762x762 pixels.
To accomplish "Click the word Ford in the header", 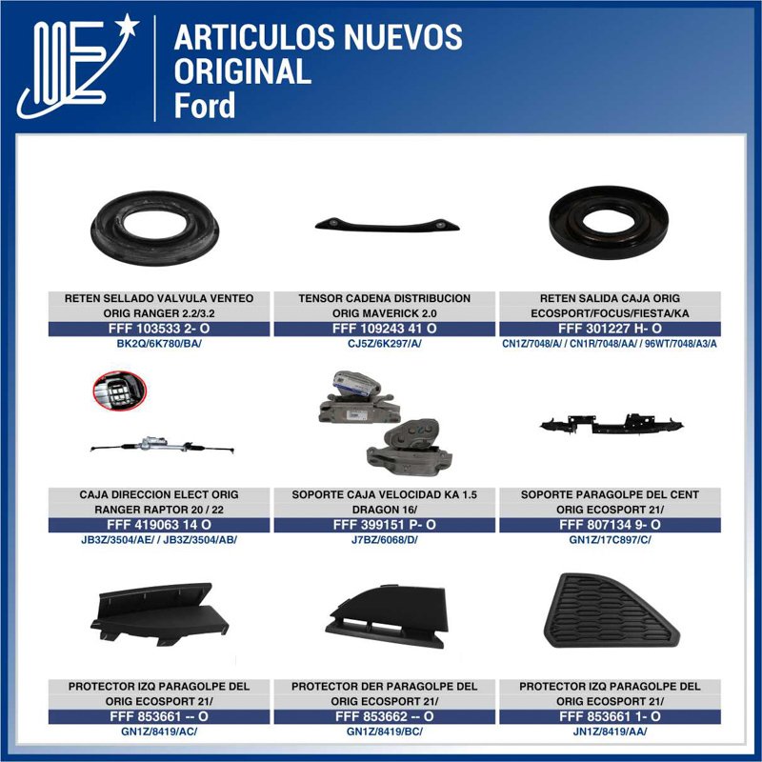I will click(x=205, y=105).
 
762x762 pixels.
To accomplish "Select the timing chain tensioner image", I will click(x=384, y=224).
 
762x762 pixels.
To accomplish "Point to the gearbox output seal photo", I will click(x=608, y=222).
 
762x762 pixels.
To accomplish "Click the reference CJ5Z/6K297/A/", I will click(x=384, y=343).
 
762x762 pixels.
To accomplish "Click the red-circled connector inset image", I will click(x=119, y=390).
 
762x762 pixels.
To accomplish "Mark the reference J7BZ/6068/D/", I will click(x=384, y=540).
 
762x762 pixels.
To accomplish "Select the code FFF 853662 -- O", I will click(x=384, y=716).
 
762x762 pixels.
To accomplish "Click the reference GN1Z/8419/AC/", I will click(x=159, y=732).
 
